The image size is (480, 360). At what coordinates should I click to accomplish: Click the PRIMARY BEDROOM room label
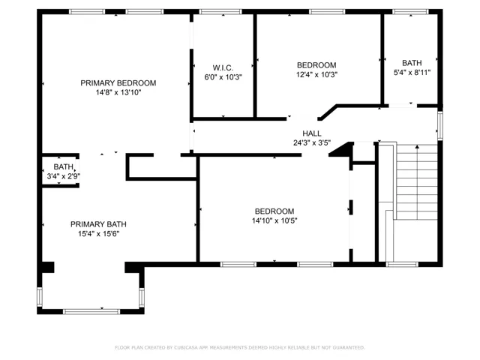(118, 83)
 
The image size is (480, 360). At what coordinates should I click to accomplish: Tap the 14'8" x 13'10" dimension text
(118, 92)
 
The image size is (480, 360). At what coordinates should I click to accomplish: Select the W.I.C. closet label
(223, 67)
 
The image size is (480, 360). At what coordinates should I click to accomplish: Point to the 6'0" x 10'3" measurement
(223, 77)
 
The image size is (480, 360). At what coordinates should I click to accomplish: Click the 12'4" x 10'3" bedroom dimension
(316, 74)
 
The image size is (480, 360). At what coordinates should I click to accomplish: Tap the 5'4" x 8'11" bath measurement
(412, 73)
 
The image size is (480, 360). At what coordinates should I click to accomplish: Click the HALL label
(312, 133)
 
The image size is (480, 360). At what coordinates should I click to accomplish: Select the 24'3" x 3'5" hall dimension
(312, 142)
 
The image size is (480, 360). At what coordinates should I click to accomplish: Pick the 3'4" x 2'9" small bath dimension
(63, 176)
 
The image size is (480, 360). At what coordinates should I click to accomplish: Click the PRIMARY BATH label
(98, 224)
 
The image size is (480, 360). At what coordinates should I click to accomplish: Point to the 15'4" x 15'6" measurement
(98, 234)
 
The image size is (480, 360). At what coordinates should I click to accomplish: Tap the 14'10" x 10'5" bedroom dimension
(274, 220)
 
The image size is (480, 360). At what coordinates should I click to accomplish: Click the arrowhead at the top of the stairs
(417, 147)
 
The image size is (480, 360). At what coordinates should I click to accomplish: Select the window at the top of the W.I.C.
(220, 12)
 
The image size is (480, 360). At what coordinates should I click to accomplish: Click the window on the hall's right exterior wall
(440, 125)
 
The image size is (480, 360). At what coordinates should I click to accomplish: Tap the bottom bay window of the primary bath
(91, 312)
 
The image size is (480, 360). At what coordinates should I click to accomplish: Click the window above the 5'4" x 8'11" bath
(410, 12)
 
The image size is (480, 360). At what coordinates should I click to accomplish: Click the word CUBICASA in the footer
(186, 348)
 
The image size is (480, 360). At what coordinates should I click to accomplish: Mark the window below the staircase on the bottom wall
(402, 265)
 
